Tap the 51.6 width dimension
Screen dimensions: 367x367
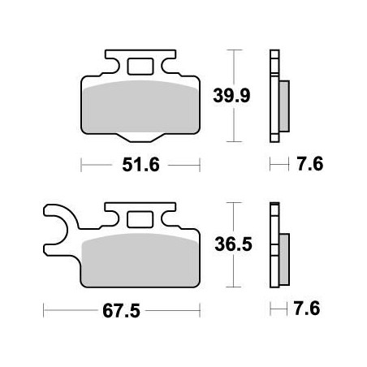point(140,166)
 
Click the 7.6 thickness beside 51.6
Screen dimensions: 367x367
point(309,166)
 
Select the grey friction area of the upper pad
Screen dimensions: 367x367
point(141,106)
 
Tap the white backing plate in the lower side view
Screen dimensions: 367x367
point(273,244)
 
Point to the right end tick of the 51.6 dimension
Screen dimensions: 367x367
point(200,166)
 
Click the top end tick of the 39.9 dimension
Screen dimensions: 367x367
point(235,51)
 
